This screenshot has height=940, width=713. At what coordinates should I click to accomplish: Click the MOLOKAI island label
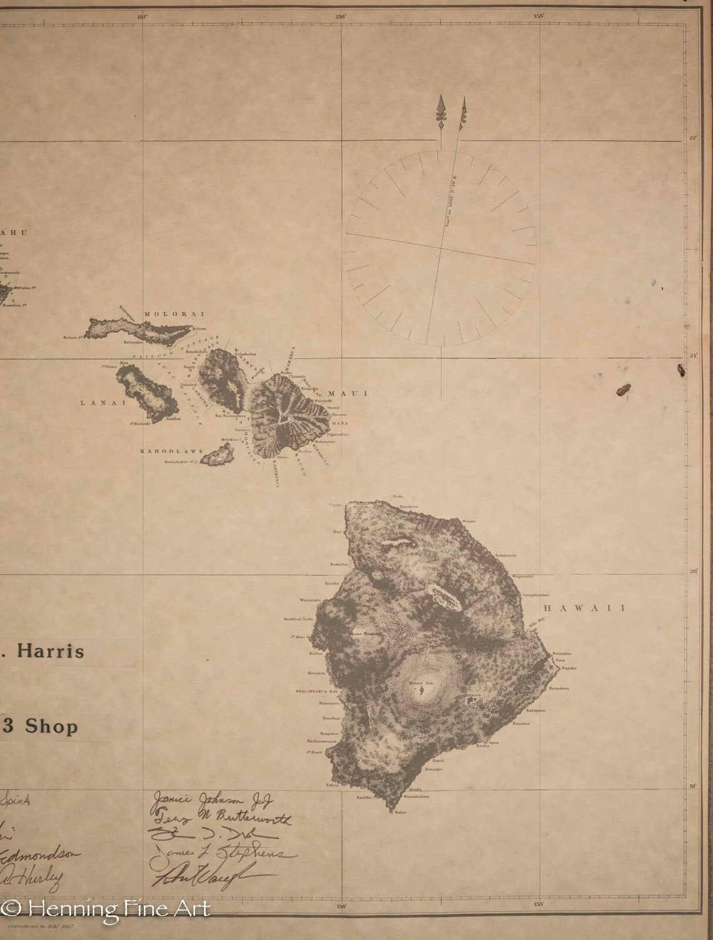[x=165, y=314]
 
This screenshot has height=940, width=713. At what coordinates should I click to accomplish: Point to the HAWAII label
[x=584, y=607]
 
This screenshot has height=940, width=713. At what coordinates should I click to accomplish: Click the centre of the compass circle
[x=441, y=248]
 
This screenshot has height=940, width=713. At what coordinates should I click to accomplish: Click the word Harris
[x=50, y=651]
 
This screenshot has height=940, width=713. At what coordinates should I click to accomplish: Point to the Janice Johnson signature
[x=211, y=799]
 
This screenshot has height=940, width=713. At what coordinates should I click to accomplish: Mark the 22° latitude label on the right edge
[x=692, y=138]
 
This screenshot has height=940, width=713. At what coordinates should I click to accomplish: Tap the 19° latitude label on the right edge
[x=692, y=786]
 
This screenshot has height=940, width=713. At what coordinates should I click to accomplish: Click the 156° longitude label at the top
[x=341, y=17]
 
